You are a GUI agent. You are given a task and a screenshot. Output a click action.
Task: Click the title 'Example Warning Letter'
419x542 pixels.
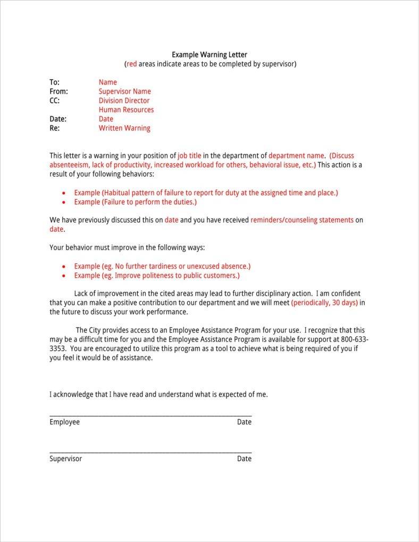(209, 55)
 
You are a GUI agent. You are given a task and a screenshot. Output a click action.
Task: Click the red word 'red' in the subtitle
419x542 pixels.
(131, 64)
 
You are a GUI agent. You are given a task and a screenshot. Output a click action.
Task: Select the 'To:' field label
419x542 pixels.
(55, 82)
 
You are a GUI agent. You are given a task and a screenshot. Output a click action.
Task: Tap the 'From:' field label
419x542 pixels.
(58, 91)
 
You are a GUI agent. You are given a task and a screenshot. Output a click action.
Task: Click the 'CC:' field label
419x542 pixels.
(55, 101)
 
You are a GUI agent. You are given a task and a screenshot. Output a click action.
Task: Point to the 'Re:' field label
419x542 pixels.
(55, 128)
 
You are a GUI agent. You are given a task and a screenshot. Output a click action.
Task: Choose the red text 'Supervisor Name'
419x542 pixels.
(124, 91)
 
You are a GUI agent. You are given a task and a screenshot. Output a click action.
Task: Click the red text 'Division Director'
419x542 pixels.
(124, 101)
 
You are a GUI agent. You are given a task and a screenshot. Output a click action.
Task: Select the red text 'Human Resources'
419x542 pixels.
(126, 110)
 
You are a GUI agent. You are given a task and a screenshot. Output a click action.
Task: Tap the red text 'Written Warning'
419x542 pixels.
(124, 128)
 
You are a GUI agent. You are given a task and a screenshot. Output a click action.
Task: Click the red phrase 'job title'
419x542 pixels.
(189, 156)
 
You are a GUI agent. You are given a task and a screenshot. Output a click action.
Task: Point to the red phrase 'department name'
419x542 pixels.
(296, 156)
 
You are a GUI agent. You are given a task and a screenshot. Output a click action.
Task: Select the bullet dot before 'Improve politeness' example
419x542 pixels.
(64, 276)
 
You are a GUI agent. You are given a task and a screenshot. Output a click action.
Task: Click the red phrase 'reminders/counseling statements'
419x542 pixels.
(301, 220)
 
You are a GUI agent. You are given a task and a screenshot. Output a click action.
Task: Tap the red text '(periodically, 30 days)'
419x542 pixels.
(324, 303)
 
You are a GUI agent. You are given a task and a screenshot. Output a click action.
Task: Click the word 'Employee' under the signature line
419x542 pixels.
(64, 422)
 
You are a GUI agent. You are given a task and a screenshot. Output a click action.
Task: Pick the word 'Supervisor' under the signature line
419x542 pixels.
(65, 458)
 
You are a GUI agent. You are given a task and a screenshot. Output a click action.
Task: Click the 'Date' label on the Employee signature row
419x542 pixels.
(244, 422)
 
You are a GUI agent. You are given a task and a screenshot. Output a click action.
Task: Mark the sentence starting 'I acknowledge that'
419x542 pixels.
(158, 395)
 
